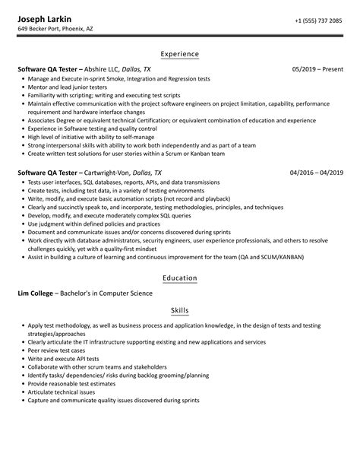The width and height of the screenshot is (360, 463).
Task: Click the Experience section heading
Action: coord(179,55)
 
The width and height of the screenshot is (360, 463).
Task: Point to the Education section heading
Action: coord(179,278)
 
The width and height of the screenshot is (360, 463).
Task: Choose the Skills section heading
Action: coord(179,311)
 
